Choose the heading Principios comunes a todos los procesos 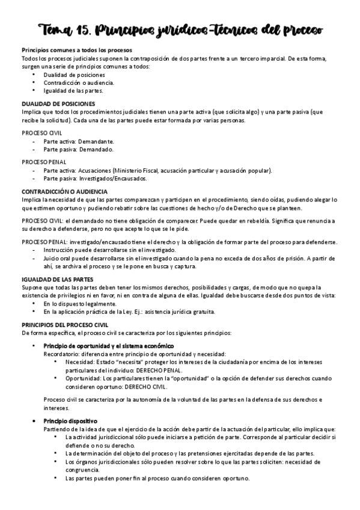point(77,49)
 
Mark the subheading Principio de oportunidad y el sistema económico point(109,346)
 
